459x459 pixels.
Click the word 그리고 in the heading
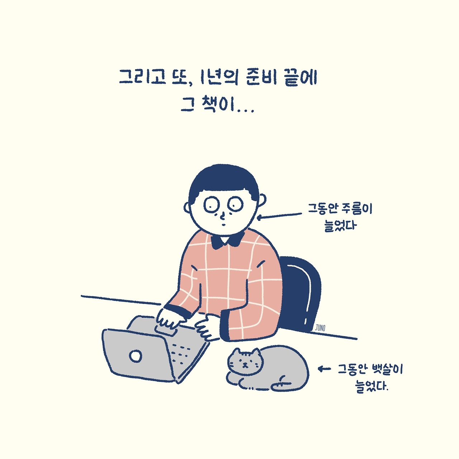(142, 77)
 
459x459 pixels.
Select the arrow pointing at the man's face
(280, 216)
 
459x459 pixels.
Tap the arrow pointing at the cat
(324, 368)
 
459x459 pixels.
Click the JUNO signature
(320, 327)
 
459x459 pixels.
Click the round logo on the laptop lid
(136, 356)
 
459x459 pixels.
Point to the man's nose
(223, 216)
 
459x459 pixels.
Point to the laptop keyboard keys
(181, 353)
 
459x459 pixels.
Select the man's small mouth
(223, 225)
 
